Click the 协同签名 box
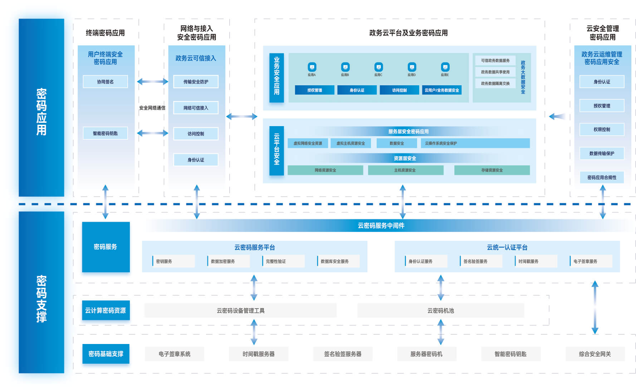105,82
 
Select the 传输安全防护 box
196,82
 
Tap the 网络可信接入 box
196,108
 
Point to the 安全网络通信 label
152,108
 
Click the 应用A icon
312,67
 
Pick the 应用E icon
445,67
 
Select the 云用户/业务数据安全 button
442,90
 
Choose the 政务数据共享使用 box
495,72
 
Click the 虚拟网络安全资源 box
308,143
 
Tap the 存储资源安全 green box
492,170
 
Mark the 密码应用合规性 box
602,177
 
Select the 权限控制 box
602,129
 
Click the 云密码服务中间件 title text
381,226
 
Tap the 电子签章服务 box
591,261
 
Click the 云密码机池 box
441,311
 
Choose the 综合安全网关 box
595,354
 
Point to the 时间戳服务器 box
259,354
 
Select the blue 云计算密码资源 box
106,310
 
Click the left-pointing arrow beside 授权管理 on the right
557,116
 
